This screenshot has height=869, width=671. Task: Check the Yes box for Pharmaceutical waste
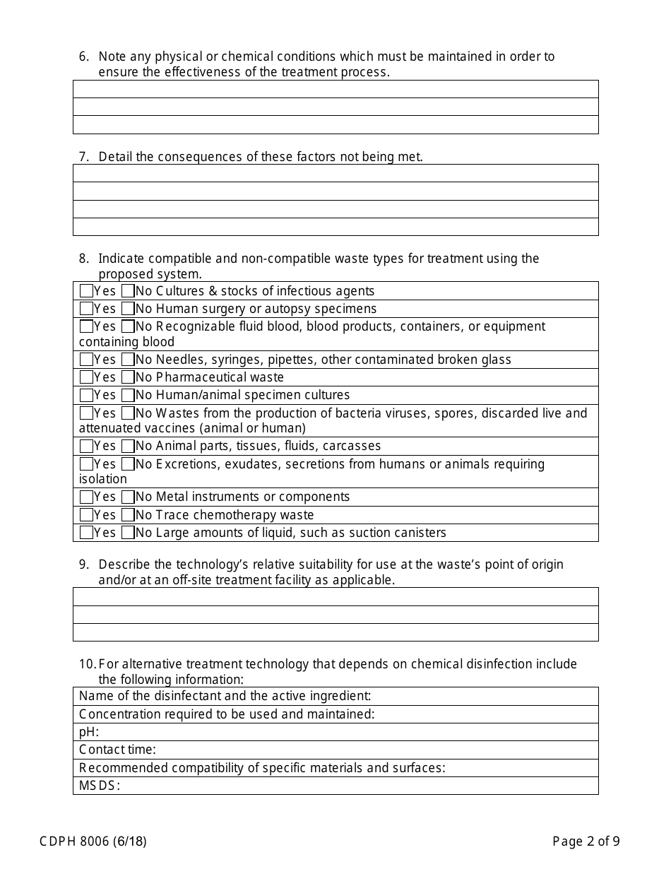(86, 377)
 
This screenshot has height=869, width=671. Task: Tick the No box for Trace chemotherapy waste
(128, 515)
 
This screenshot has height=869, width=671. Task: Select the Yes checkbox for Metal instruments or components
(86, 497)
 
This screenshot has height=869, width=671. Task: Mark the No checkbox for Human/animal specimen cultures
(128, 395)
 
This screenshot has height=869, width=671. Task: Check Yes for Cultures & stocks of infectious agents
(86, 291)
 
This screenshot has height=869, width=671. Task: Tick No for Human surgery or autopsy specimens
(128, 309)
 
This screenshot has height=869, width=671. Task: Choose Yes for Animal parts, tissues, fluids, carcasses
(86, 446)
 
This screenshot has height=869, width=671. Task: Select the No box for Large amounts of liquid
(128, 533)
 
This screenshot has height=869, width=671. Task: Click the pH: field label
(89, 732)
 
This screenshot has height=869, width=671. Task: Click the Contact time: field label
(117, 750)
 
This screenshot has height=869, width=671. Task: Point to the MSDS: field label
(100, 786)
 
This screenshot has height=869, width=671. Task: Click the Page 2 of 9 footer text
(586, 841)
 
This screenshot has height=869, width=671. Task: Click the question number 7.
(83, 157)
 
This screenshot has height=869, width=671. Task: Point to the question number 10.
(87, 664)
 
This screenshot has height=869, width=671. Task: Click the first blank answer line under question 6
(335, 89)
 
